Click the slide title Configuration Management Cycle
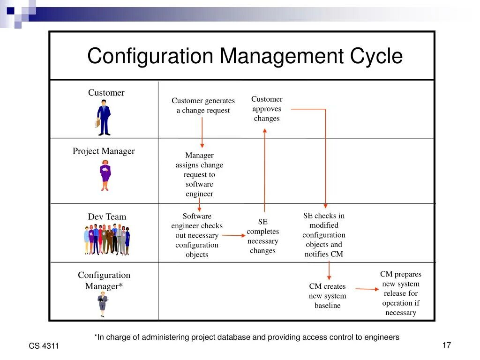pos(245,56)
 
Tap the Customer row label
pos(106,93)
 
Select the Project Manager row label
pos(104,151)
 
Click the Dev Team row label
pos(107,217)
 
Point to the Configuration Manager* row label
pos(104,280)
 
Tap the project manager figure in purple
pos(105,175)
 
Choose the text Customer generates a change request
pos(203,105)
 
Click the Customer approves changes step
pos(267,109)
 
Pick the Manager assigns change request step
pos(199,174)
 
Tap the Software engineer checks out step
pos(197,235)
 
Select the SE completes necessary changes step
pos(262,236)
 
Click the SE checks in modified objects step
pos(324,235)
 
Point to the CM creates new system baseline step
pos(327,296)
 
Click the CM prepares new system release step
pos(401,293)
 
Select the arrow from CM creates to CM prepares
pos(367,289)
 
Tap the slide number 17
pos(446,345)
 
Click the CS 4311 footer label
pos(44,346)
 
